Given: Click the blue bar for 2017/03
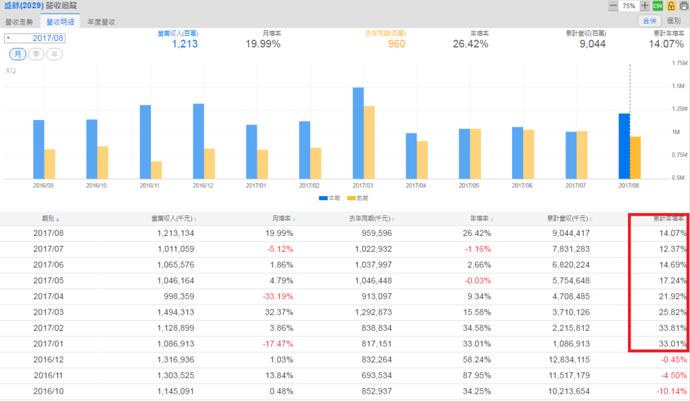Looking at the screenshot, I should point(358,133).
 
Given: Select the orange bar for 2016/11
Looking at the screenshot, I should point(156,170).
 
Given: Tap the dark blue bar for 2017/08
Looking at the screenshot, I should point(625,146).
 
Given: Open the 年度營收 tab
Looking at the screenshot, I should point(101,22).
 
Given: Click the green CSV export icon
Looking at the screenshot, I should point(658,6).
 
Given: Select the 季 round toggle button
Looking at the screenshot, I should point(36,54).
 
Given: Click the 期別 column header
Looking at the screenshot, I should point(49,218).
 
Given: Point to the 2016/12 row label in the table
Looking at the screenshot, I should point(49,360).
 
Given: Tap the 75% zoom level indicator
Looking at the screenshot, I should point(629,6).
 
